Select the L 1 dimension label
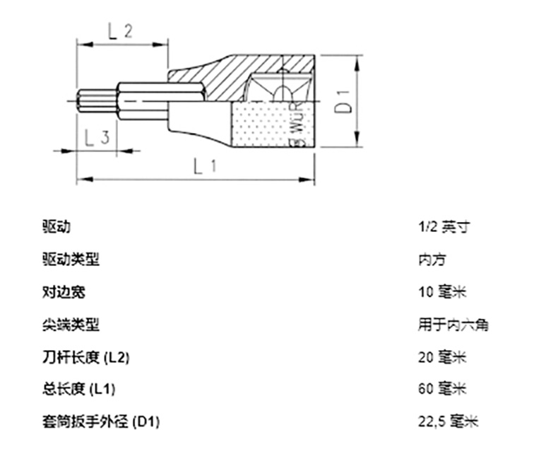click(x=205, y=167)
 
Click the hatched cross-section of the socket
click(x=212, y=78)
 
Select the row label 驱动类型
click(x=71, y=260)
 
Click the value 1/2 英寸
click(x=444, y=227)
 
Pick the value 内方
click(x=432, y=260)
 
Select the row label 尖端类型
click(x=71, y=325)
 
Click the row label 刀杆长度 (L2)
click(x=86, y=357)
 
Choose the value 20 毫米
click(x=442, y=357)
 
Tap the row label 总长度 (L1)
click(x=78, y=390)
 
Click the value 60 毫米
click(x=442, y=390)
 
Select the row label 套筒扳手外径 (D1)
click(x=101, y=422)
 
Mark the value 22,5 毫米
click(x=448, y=422)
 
